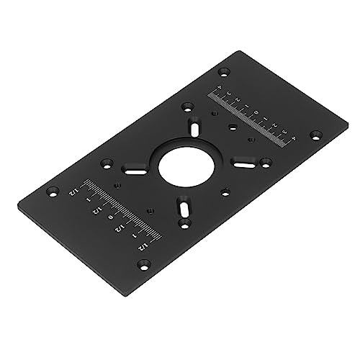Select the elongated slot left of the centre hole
133,171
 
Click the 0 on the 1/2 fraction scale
109,217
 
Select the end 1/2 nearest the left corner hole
72,192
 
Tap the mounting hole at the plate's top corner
224,72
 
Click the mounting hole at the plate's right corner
315,135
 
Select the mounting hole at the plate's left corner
53,193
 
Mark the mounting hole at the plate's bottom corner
143,264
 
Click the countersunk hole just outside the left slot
107,163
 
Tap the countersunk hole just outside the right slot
266,162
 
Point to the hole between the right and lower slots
225,192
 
